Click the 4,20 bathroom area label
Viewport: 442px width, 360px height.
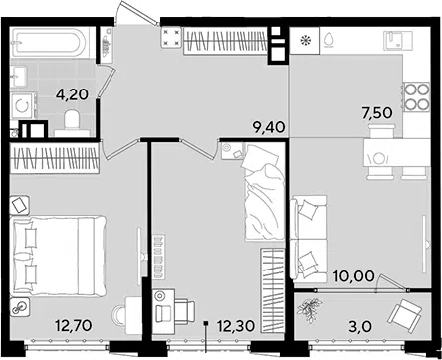coord(72,95)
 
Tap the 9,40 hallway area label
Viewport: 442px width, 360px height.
coord(269,127)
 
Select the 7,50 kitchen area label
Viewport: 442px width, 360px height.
coord(377,112)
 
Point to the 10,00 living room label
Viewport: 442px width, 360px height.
coord(353,276)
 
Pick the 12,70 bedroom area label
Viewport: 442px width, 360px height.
coord(74,326)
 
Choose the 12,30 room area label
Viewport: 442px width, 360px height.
coord(236,326)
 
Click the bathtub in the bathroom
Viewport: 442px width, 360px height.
coord(50,42)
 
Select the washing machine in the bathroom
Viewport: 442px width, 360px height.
coord(23,105)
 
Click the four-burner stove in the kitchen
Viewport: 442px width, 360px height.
coord(416,96)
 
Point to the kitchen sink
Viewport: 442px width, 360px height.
coord(397,40)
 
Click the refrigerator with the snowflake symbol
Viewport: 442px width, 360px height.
coord(304,41)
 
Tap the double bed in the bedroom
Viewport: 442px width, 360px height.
coord(59,256)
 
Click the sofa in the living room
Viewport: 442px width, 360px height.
coord(309,239)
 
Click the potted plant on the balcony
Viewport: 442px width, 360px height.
coord(310,310)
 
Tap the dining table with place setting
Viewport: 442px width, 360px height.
coord(397,153)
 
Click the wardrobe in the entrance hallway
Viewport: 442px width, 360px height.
coord(225,42)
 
